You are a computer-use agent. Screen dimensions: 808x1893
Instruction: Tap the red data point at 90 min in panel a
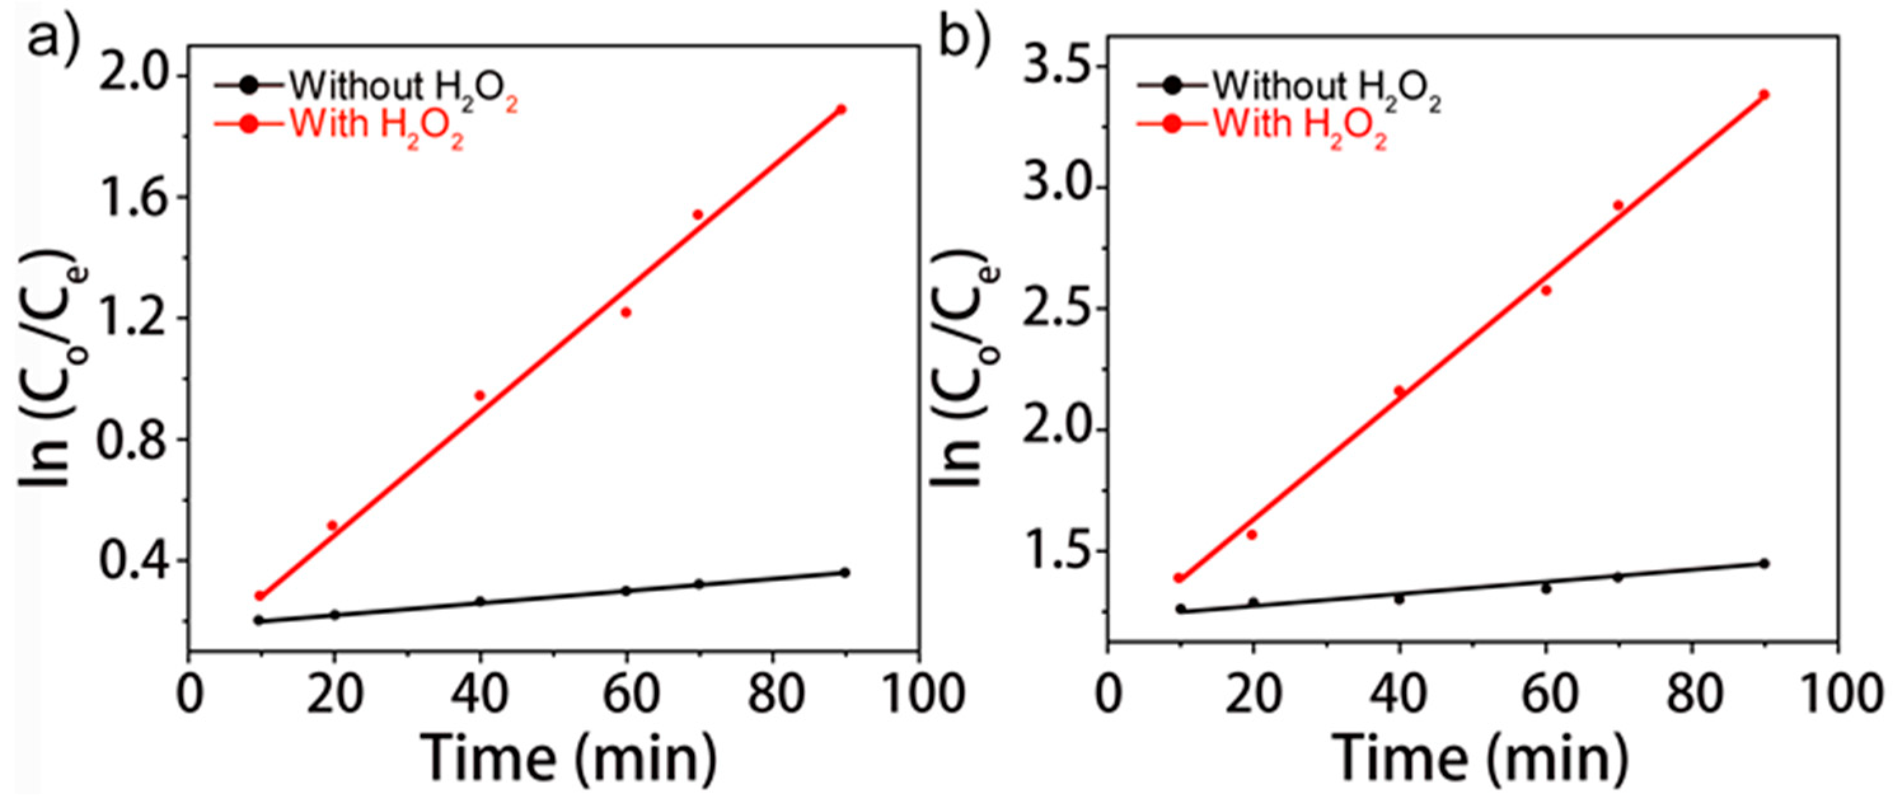tap(842, 109)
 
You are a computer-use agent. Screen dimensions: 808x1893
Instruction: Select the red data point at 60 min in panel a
tap(626, 312)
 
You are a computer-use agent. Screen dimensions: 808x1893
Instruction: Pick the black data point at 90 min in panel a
tap(844, 572)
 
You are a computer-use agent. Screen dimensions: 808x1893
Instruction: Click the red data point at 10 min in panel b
tap(1179, 578)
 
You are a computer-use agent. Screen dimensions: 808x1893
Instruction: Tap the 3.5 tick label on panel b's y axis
tap(1055, 66)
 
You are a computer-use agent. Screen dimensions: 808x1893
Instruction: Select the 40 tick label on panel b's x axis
tap(1399, 694)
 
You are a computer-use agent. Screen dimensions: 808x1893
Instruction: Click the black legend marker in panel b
tap(1173, 86)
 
